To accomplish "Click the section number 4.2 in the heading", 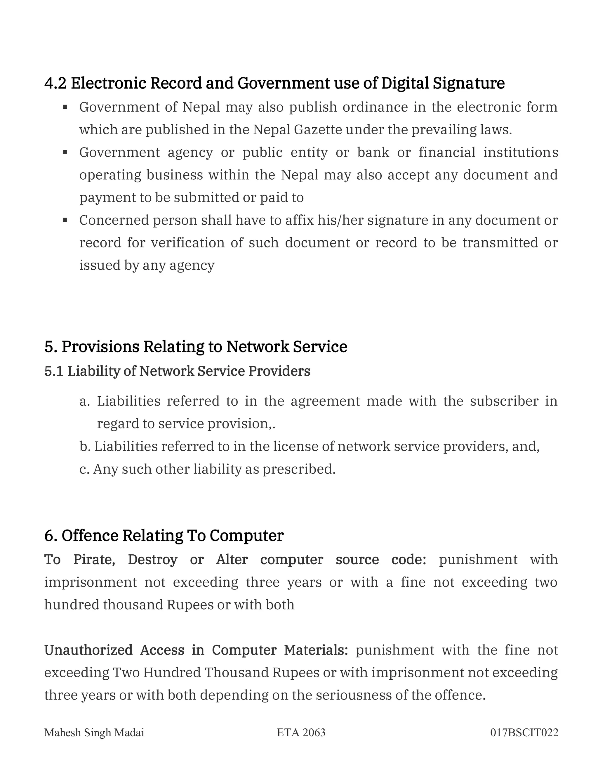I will point(55,83).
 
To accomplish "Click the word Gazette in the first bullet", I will point(318,130).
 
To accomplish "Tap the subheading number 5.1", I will point(54,371).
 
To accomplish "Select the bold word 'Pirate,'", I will point(94,560).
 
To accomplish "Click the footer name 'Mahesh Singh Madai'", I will point(94,733).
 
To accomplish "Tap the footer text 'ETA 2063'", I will point(301,733).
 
